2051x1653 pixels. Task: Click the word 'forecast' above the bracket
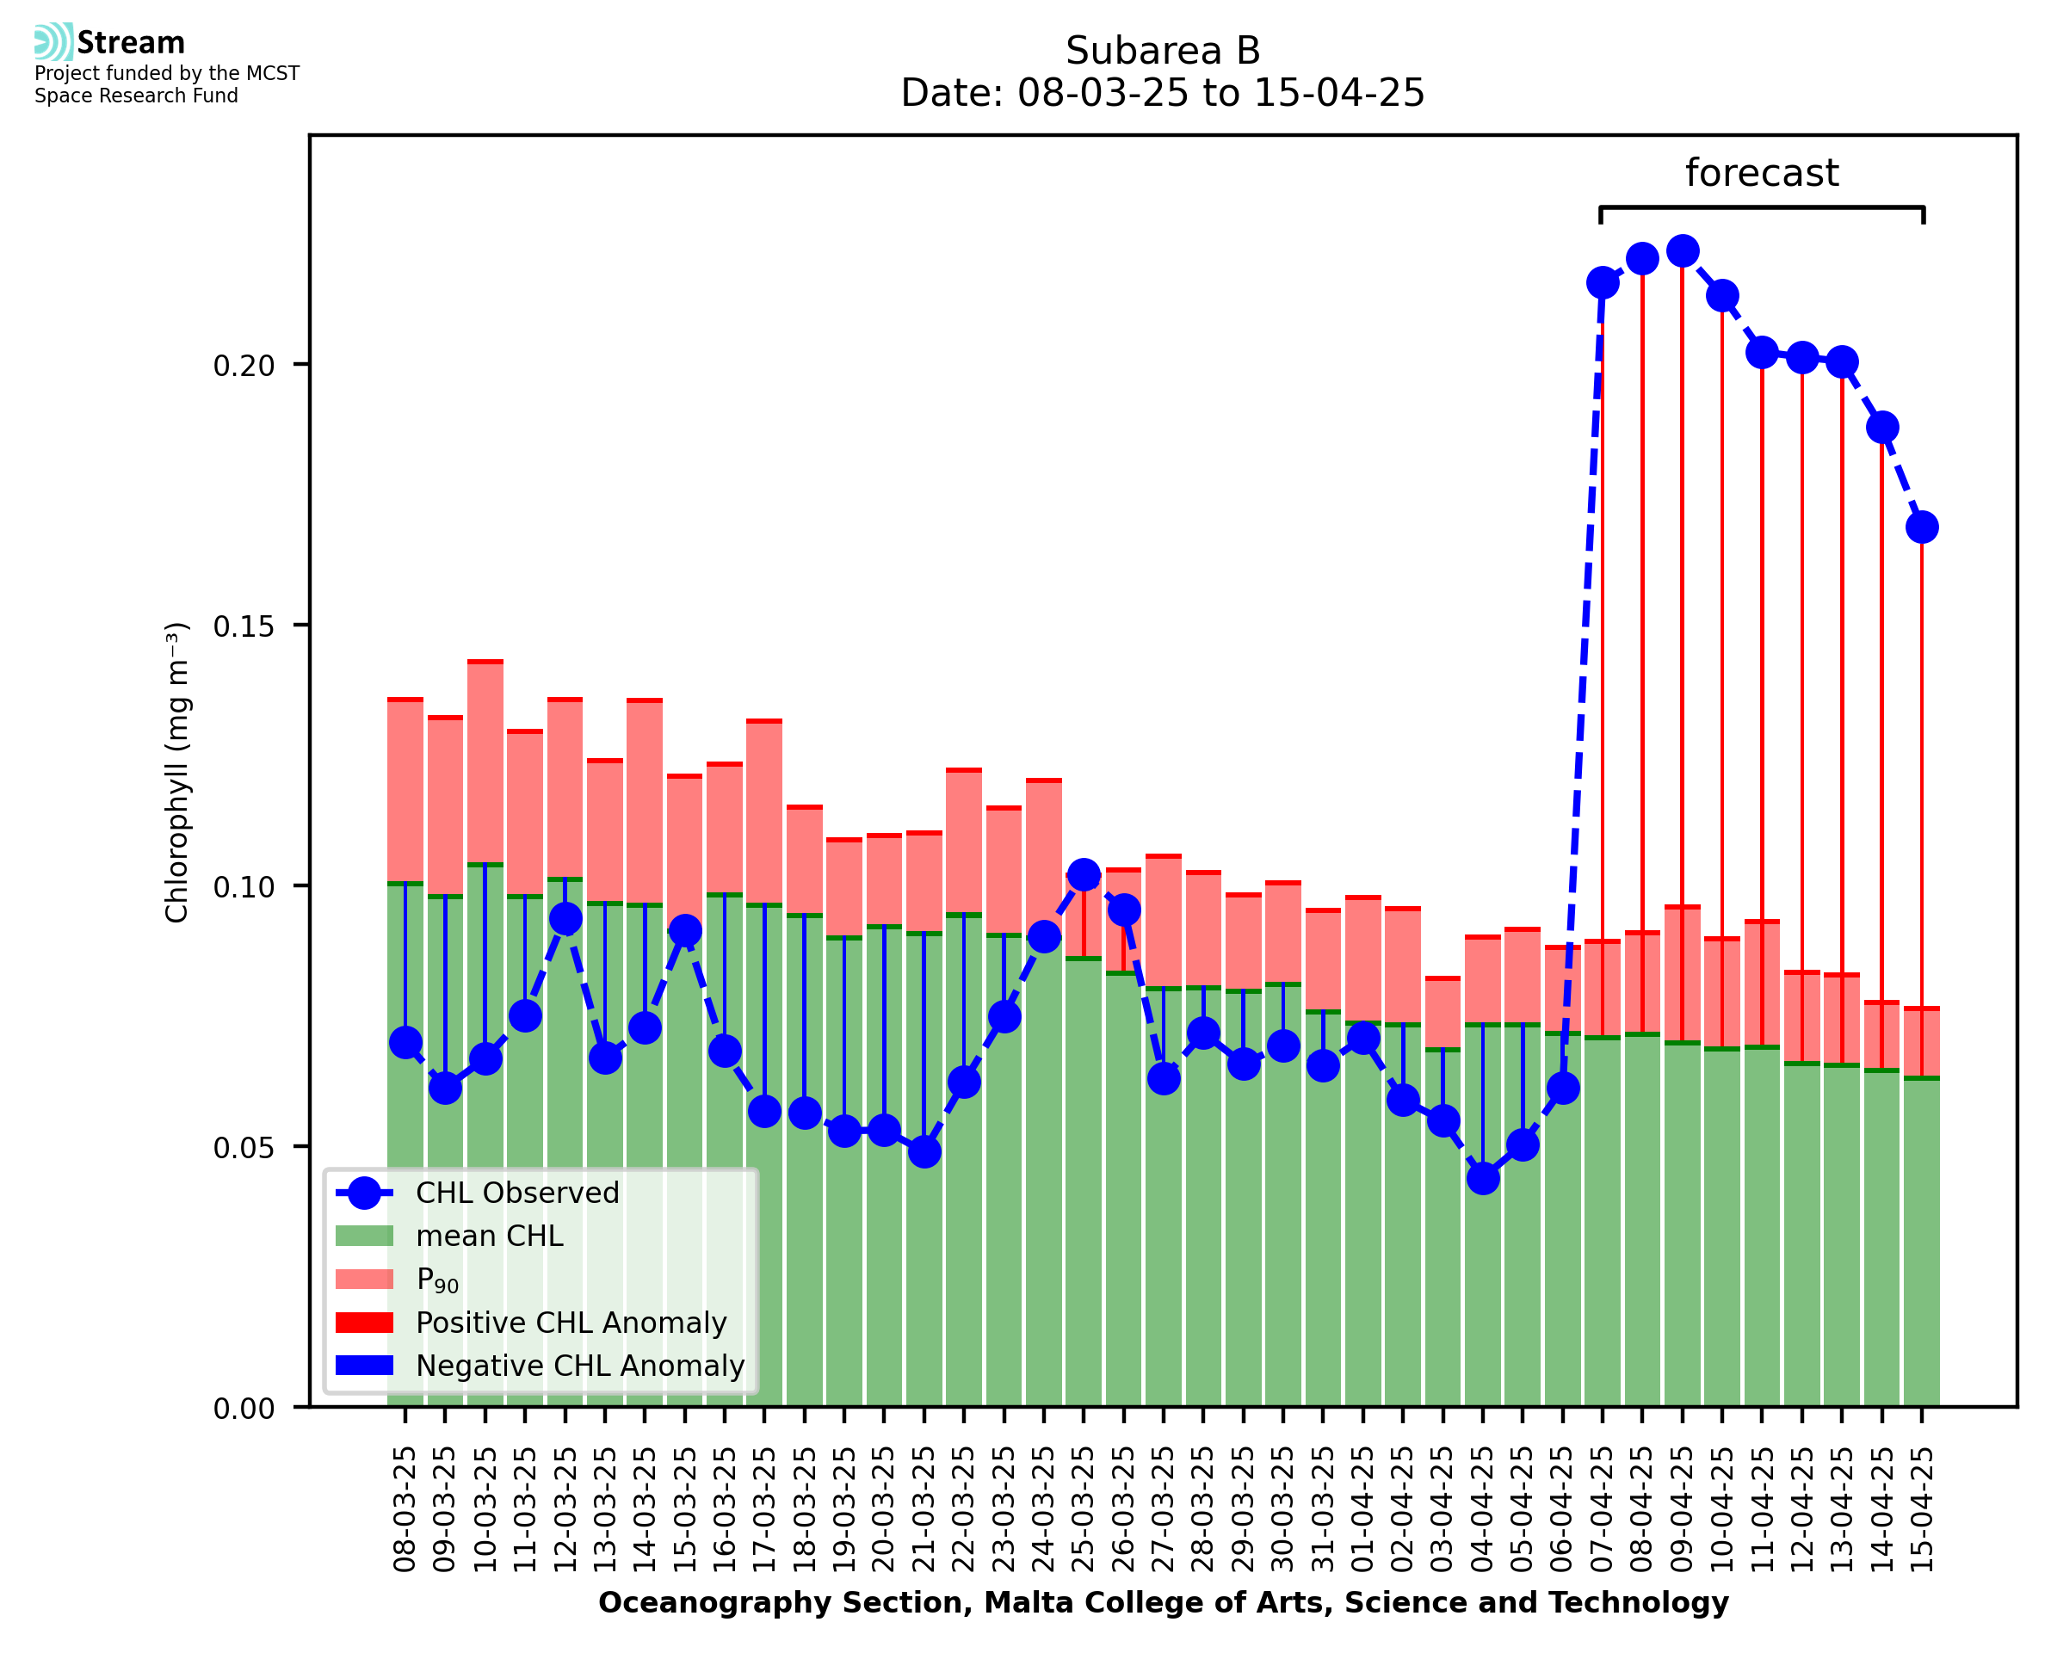(1761, 173)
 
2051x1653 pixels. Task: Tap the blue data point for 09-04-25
(1682, 251)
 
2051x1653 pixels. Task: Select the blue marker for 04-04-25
(1483, 1179)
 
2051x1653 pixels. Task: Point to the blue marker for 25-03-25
(1083, 874)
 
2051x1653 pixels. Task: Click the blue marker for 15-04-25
(1922, 527)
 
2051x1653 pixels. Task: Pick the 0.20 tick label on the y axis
(244, 366)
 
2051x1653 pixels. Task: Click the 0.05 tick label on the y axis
(244, 1147)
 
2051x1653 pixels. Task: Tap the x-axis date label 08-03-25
(405, 1509)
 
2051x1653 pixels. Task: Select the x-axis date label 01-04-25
(1363, 1509)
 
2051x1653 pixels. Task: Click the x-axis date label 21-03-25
(924, 1509)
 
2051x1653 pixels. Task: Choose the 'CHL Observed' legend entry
(517, 1193)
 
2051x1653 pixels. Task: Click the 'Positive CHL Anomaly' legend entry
(571, 1323)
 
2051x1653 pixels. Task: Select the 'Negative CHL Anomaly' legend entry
(579, 1366)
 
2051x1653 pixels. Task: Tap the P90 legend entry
(437, 1280)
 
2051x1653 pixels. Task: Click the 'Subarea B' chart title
(1162, 51)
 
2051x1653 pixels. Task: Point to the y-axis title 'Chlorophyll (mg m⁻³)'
(178, 772)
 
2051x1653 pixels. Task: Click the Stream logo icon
(53, 42)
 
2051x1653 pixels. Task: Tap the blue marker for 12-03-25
(565, 919)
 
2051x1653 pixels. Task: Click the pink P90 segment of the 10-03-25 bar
(485, 762)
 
